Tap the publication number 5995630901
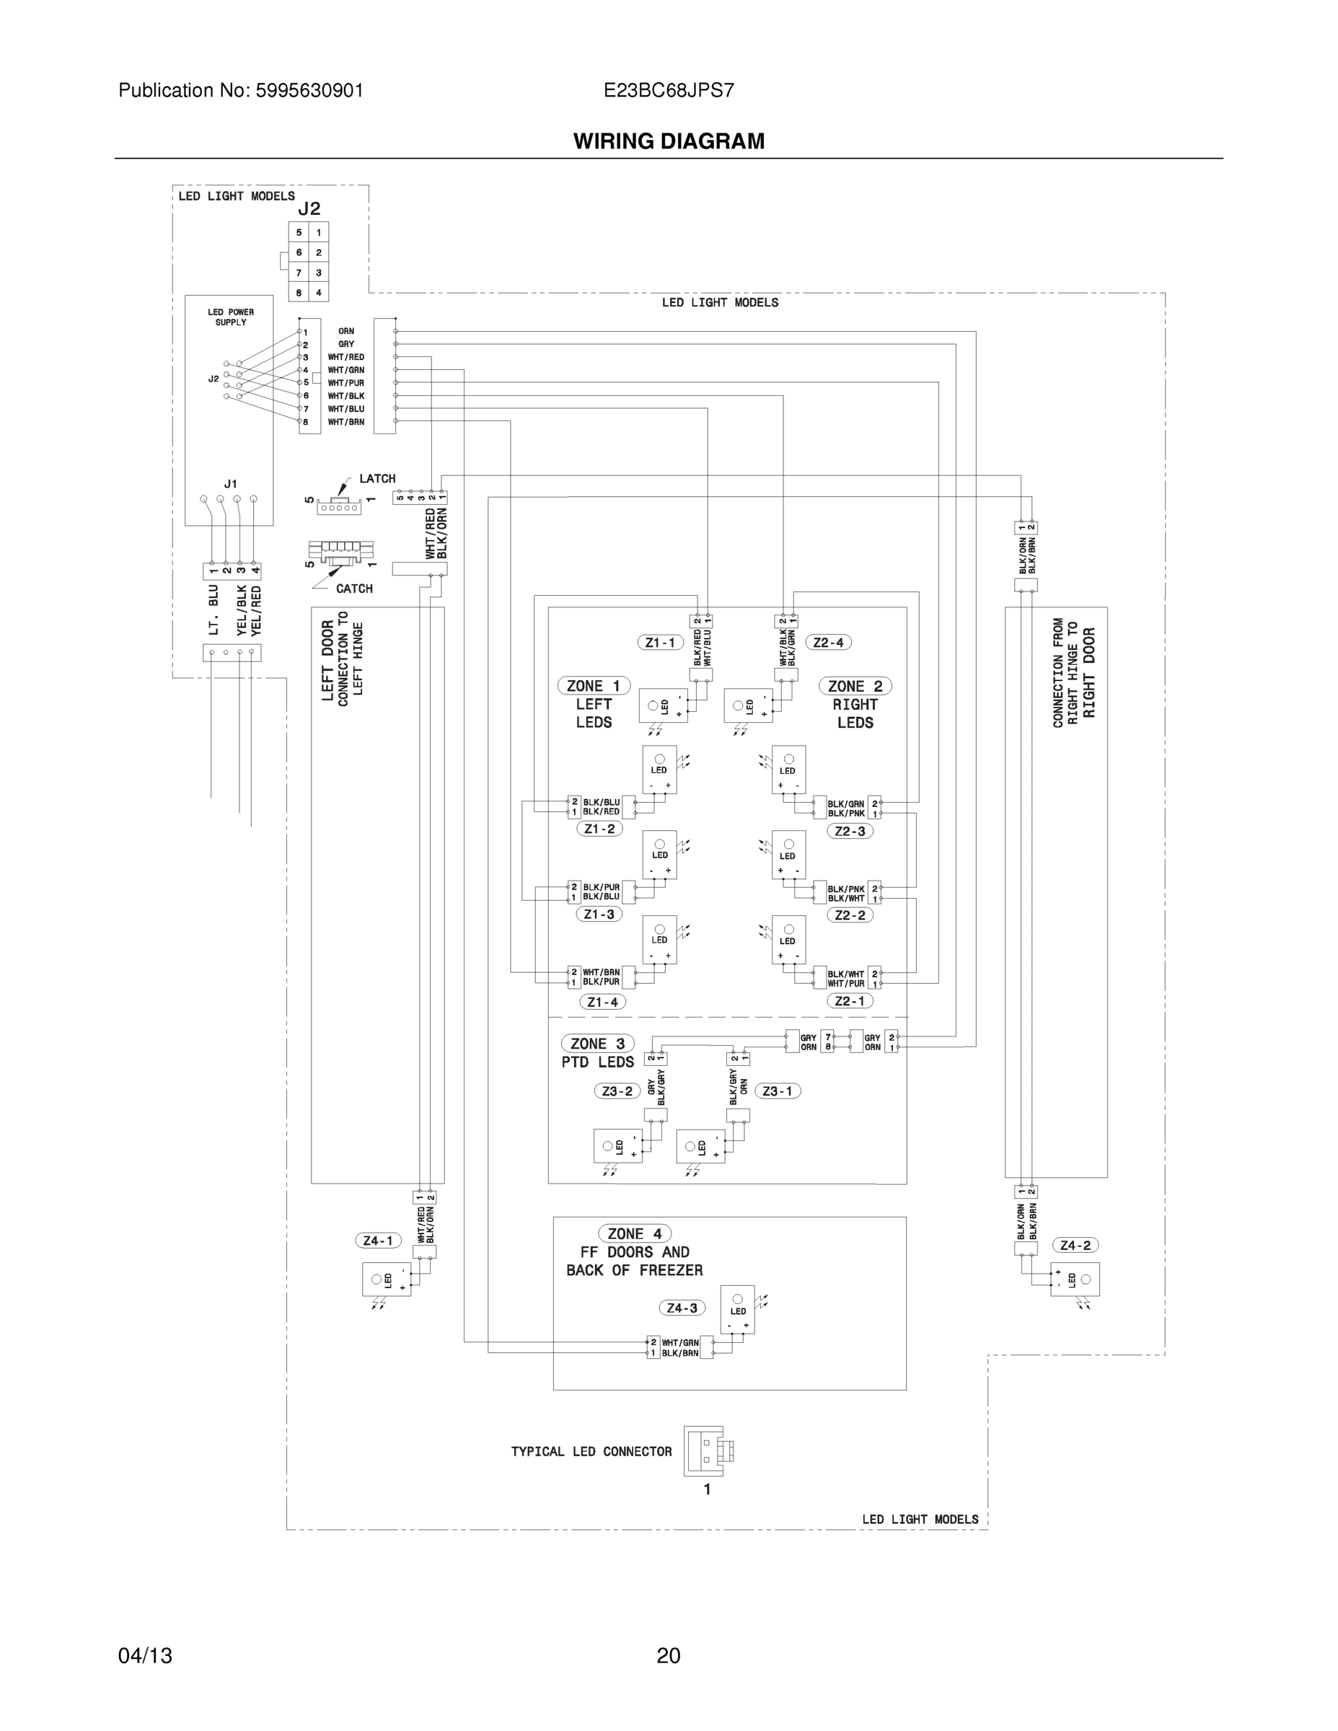tap(309, 90)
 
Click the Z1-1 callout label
tap(660, 642)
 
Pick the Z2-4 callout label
tap(828, 642)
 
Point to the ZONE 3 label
tap(598, 1043)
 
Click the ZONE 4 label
tap(634, 1233)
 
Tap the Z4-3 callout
tap(682, 1308)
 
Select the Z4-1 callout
tap(378, 1241)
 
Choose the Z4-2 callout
tap(1075, 1245)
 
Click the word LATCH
tap(377, 479)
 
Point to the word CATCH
tap(354, 589)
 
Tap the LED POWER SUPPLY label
tap(231, 317)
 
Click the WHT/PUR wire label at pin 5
tap(346, 383)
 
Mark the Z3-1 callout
tap(778, 1091)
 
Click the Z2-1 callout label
tap(850, 1001)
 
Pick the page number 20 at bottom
tap(668, 1655)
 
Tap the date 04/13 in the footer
tap(145, 1655)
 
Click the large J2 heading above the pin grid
tap(309, 208)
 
